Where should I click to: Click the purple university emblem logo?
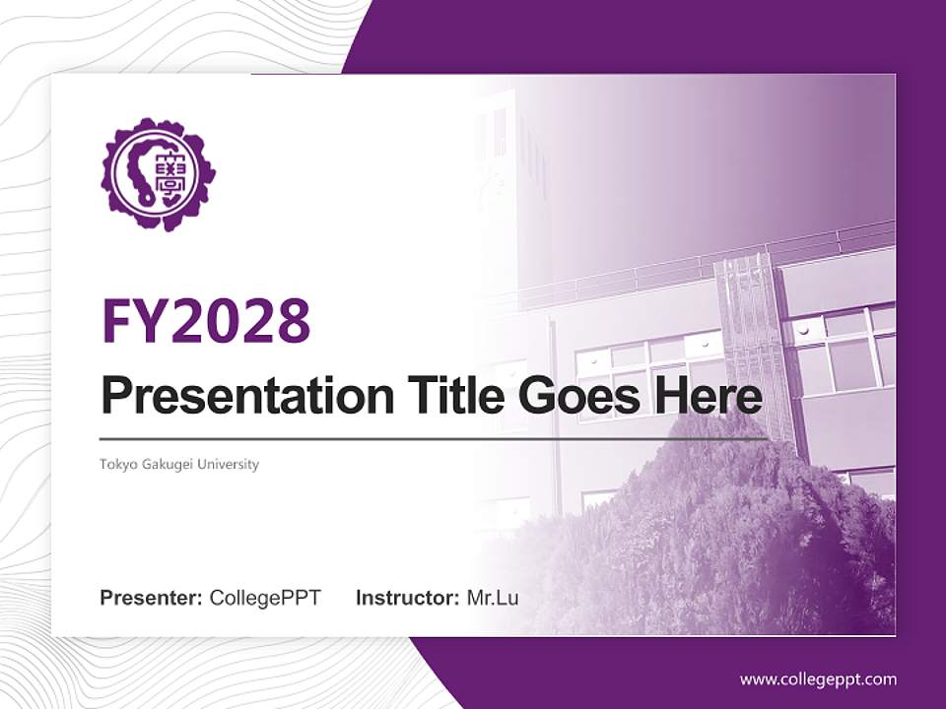coord(158,174)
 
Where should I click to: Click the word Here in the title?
coord(707,397)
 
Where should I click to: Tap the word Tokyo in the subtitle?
coord(117,464)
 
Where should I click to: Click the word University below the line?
coord(229,464)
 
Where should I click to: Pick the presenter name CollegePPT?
coord(265,598)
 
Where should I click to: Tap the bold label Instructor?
coord(407,598)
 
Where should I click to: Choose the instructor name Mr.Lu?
coord(492,598)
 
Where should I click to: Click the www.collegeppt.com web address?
coord(818,679)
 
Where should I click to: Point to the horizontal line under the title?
coord(434,438)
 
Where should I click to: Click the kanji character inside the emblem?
coord(176,174)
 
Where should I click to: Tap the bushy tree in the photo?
coord(709,532)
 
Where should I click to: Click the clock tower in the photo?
coord(507,187)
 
